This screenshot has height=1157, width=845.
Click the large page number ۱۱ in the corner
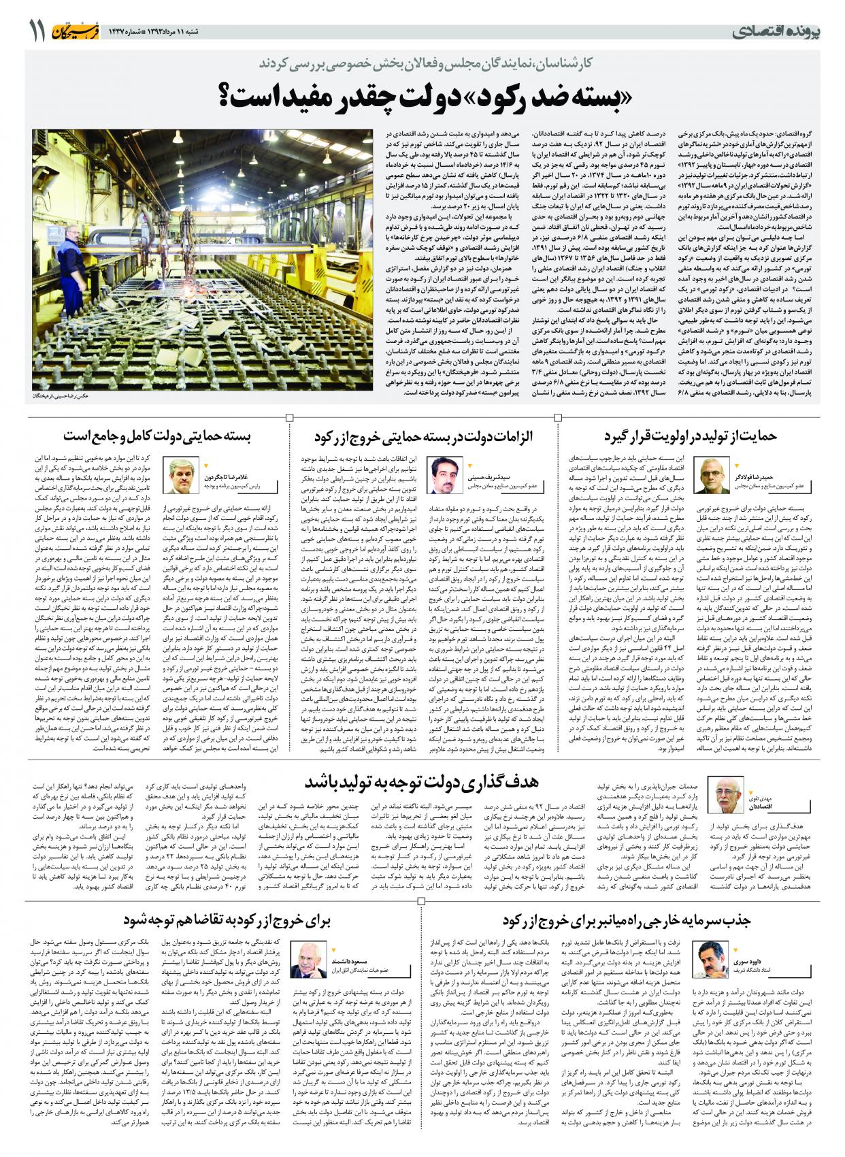pyautogui.click(x=36, y=31)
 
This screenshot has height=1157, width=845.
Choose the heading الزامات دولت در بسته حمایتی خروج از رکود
pyautogui.click(x=423, y=436)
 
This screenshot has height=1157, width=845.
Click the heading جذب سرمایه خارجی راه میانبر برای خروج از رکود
pyautogui.click(x=626, y=921)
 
